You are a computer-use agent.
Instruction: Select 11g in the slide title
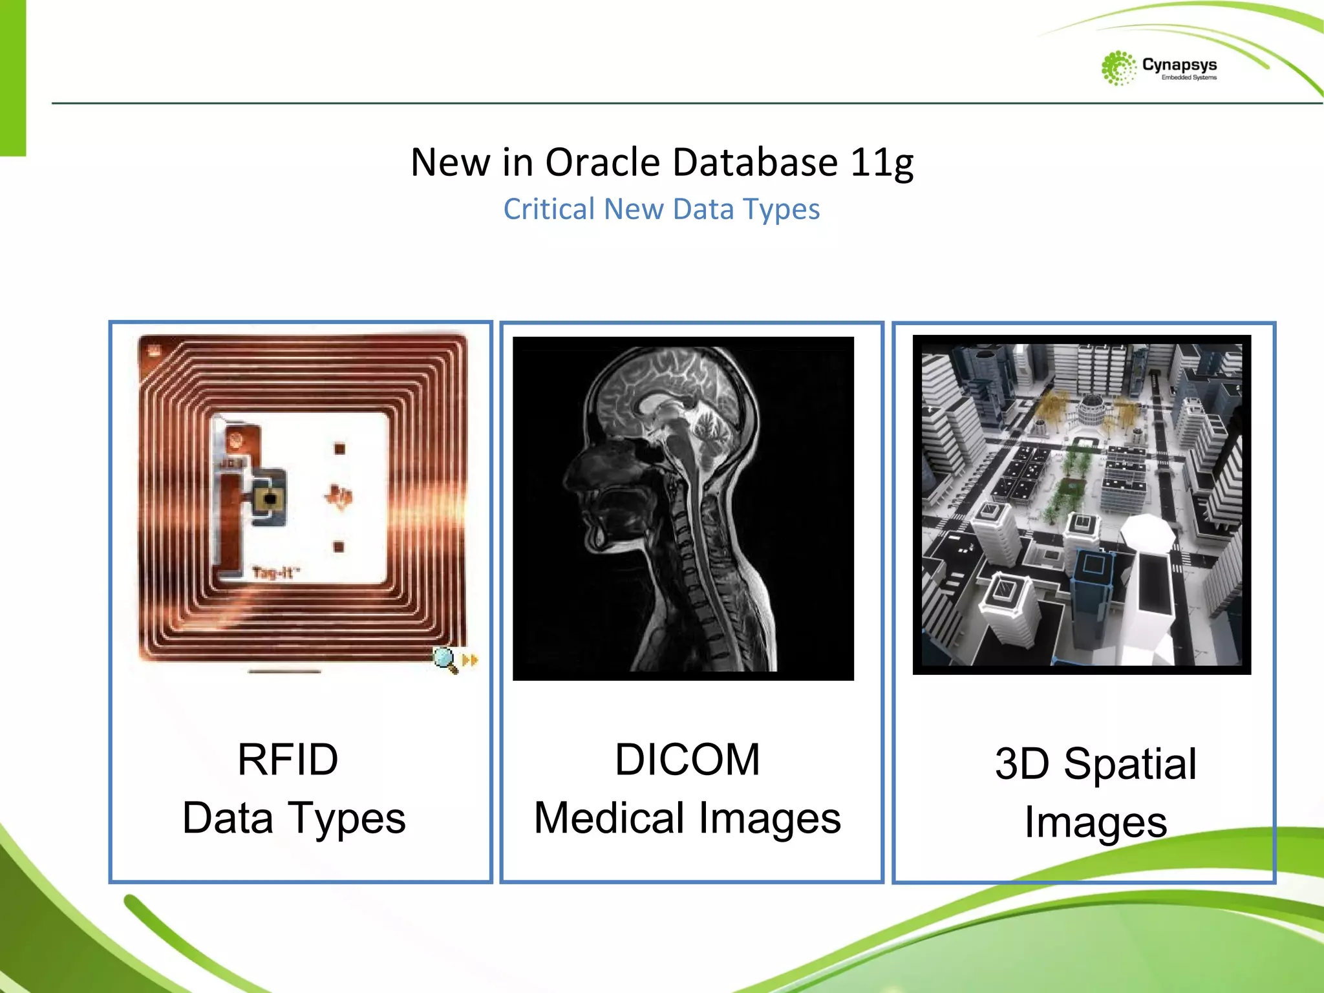(x=882, y=163)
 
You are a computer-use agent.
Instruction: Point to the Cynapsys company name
(x=1179, y=65)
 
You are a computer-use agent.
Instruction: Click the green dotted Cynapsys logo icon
(x=1118, y=68)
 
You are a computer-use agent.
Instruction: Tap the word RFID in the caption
(x=288, y=759)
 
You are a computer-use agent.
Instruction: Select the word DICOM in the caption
(x=687, y=759)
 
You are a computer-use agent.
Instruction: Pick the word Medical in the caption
(x=608, y=818)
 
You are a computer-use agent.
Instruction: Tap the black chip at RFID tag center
(x=270, y=499)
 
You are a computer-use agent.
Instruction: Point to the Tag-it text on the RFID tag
(x=275, y=573)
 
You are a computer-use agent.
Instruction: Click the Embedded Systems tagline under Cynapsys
(x=1189, y=78)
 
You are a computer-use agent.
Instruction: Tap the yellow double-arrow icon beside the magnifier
(x=470, y=660)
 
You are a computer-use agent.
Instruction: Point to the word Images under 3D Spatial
(x=1096, y=822)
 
